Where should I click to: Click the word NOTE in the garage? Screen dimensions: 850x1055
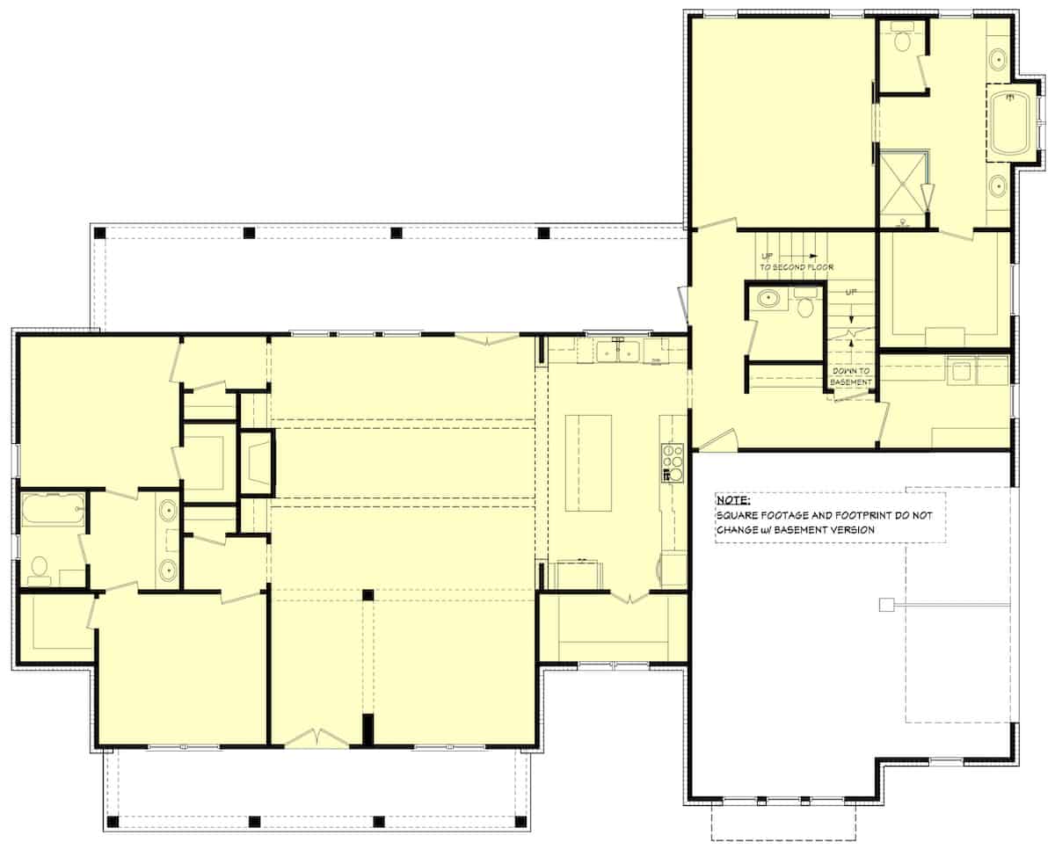pos(733,502)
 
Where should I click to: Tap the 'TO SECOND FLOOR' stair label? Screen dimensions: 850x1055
pos(797,266)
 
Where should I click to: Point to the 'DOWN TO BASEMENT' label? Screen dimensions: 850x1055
pos(852,376)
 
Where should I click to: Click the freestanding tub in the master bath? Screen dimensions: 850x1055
pos(1009,122)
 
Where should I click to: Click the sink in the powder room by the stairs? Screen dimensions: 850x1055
pos(771,299)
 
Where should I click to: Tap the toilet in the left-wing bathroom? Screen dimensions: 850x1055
pos(39,569)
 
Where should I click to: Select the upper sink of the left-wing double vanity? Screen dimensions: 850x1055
pos(168,507)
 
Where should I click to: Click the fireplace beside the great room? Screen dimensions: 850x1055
pos(257,464)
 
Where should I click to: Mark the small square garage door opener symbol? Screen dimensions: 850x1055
pos(886,604)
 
